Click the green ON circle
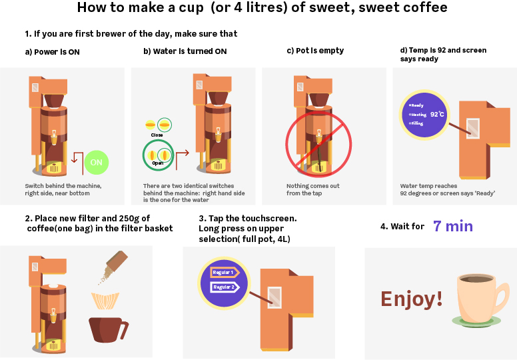97,163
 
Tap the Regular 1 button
225,272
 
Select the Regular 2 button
225,287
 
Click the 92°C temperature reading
437,114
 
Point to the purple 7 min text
453,226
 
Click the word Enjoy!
412,299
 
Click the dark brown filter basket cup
109,329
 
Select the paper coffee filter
105,301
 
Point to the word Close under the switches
157,135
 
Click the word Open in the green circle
158,163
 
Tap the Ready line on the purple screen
416,105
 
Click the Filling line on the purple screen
416,123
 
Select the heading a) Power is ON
53,52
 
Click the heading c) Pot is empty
315,51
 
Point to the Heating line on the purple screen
418,115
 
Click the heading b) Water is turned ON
185,51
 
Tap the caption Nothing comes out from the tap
313,189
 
